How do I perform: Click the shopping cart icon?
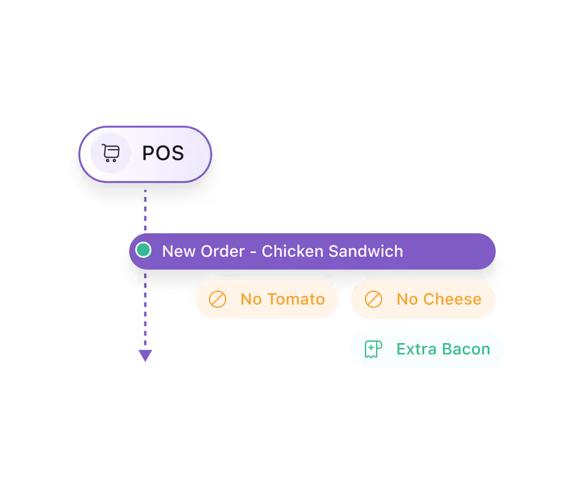[x=110, y=153]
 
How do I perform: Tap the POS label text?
[x=163, y=154]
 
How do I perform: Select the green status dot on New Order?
[x=143, y=250]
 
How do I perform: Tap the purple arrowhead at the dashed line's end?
[x=145, y=355]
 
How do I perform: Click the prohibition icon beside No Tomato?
[x=217, y=299]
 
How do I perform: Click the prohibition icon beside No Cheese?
[x=373, y=299]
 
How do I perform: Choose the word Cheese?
[x=452, y=299]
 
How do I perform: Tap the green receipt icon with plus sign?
[x=373, y=349]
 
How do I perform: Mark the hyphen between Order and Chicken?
[x=253, y=252]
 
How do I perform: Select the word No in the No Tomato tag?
[x=251, y=299]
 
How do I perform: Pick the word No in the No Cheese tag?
[x=407, y=299]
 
